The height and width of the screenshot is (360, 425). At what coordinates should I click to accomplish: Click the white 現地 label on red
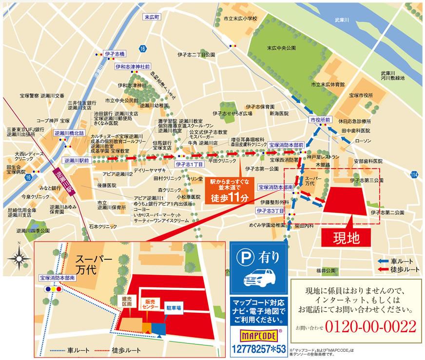tap(346, 238)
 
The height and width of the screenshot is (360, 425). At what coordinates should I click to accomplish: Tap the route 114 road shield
tap(414, 174)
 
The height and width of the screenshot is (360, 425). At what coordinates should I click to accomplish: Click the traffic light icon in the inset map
tap(53, 288)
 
